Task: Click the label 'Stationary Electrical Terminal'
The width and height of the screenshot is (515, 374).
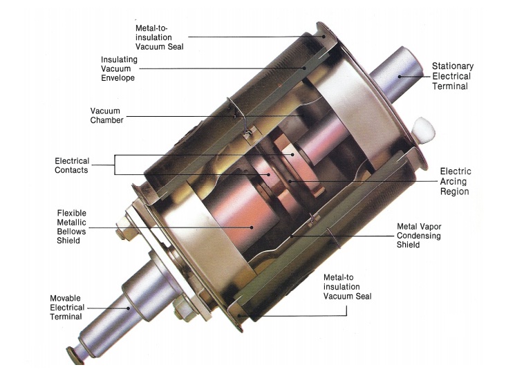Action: click(453, 76)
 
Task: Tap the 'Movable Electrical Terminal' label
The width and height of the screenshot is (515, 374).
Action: click(67, 308)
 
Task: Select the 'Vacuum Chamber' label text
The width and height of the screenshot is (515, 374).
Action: click(106, 115)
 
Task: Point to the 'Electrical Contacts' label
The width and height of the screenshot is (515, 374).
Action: click(72, 165)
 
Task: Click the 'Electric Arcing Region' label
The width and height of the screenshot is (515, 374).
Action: click(456, 181)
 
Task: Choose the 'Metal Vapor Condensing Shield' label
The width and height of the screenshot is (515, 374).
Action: click(419, 236)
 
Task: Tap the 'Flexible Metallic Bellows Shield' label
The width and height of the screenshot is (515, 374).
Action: click(71, 227)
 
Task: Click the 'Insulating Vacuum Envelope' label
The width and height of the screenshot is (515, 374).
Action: click(119, 68)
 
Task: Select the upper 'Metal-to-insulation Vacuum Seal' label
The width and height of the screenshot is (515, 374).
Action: click(159, 37)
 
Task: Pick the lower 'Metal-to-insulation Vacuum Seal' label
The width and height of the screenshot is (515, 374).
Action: click(347, 287)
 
